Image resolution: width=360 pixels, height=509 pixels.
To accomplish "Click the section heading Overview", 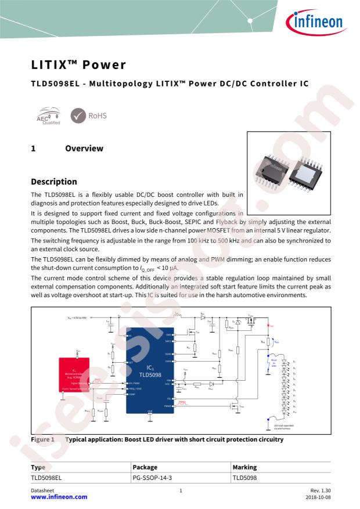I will tap(84, 149).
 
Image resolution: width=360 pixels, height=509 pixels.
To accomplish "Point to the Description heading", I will tap(53, 182).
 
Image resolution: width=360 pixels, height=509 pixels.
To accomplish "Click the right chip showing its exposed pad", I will tap(307, 172).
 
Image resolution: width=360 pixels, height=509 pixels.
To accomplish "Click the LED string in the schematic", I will tap(285, 386).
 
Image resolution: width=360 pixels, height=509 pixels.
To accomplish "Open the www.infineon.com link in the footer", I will tap(59, 497).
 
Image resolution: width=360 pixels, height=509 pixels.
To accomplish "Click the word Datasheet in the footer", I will tap(42, 490).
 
